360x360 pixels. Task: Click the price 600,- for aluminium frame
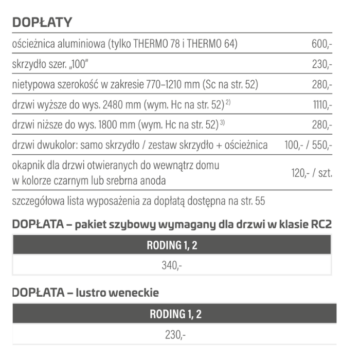321,44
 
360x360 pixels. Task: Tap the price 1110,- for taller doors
322,104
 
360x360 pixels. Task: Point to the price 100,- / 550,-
308,145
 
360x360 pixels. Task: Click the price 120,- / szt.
311,173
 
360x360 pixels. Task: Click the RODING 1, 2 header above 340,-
172,245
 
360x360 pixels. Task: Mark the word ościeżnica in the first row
34,44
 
